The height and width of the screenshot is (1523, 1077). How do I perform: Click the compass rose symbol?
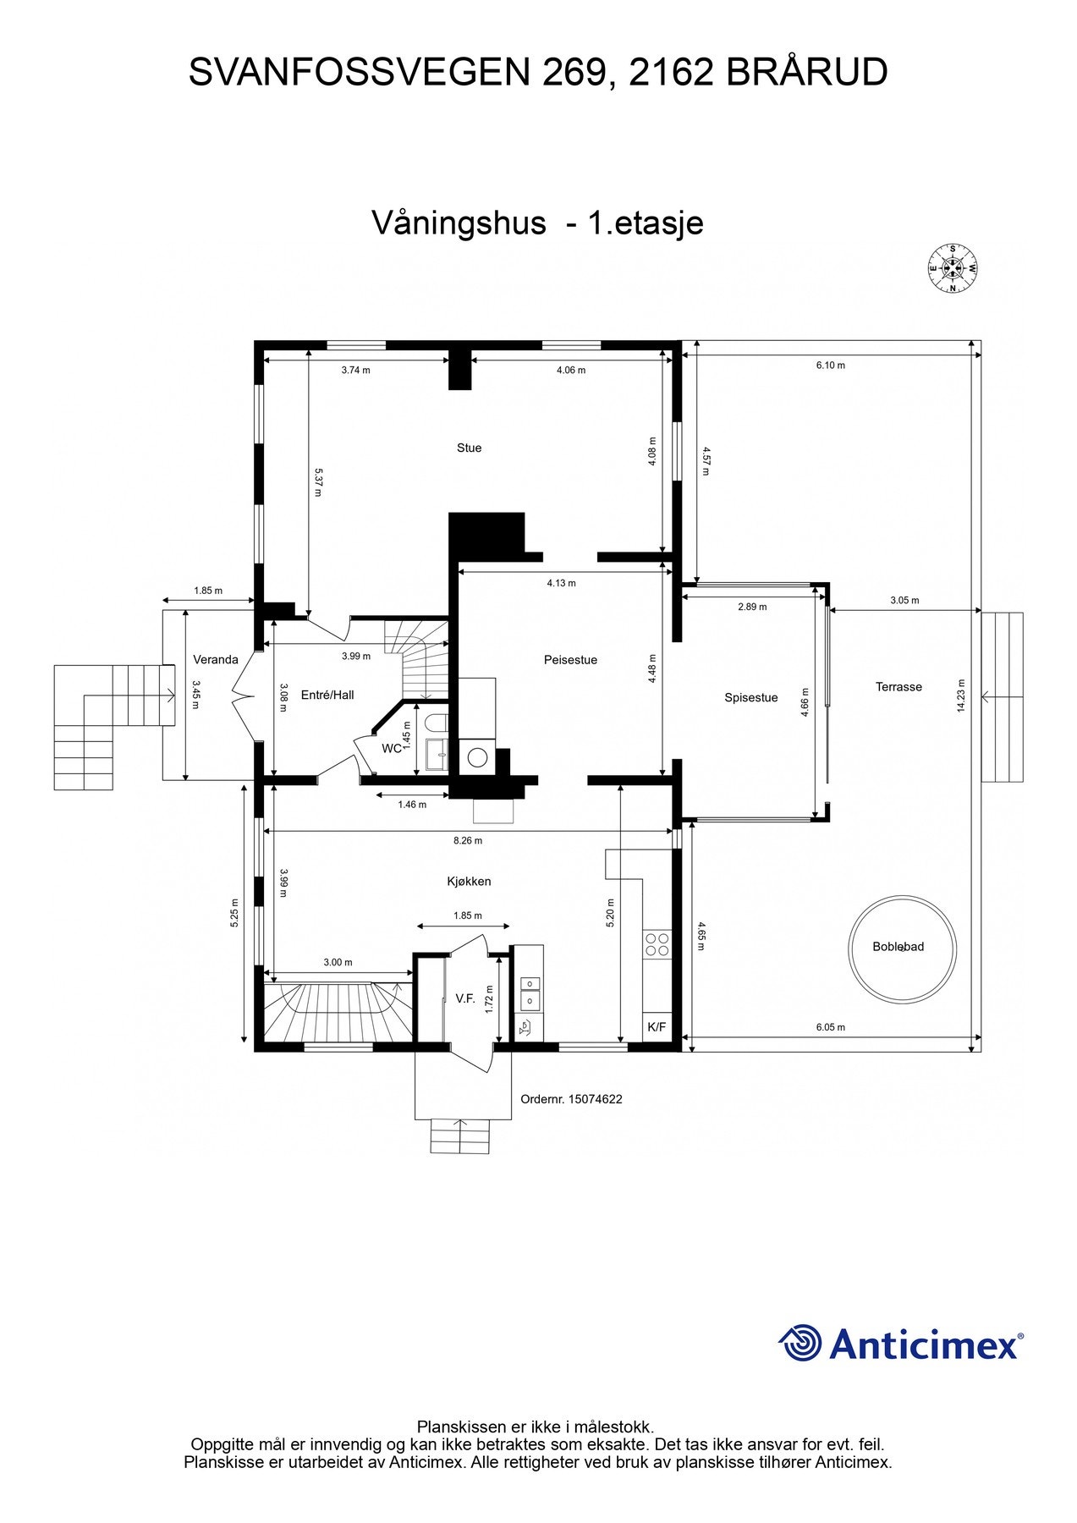[953, 269]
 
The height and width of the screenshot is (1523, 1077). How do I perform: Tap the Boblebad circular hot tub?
[902, 949]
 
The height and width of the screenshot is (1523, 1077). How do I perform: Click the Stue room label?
[469, 448]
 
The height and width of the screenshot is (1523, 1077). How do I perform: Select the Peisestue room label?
[570, 660]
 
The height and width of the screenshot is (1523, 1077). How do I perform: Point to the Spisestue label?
[750, 698]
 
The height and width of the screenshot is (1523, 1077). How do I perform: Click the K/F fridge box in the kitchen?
[657, 1027]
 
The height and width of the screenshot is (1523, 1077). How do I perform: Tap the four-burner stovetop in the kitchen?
[657, 944]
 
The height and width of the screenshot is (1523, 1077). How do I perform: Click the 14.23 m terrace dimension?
[961, 696]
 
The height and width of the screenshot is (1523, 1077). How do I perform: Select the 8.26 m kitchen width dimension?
[467, 841]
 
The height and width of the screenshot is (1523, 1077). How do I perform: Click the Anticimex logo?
[900, 1344]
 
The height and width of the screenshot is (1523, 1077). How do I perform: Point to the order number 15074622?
[571, 1099]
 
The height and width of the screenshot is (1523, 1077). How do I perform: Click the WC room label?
[392, 749]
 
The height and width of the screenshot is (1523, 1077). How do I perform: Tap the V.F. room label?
[464, 999]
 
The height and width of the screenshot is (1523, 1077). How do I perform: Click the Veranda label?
[216, 660]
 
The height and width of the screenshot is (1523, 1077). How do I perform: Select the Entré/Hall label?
[327, 696]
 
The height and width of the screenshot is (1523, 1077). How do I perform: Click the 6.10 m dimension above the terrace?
[830, 366]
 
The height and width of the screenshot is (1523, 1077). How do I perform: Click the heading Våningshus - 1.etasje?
[537, 223]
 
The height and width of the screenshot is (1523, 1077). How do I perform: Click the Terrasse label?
[898, 687]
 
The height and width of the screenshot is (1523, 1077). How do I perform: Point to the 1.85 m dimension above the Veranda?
[208, 591]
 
